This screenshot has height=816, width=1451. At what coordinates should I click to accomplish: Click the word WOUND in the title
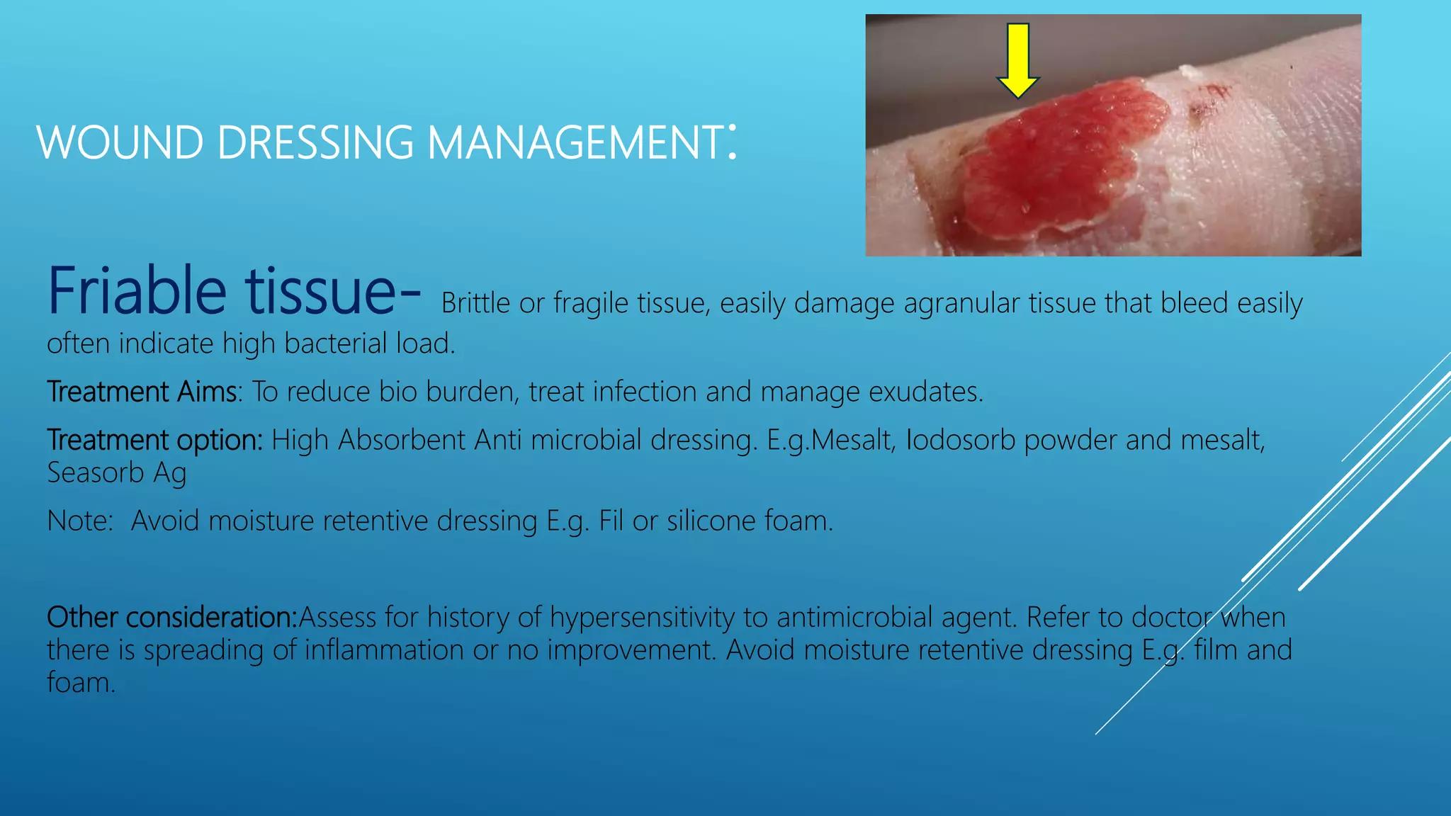coord(120,143)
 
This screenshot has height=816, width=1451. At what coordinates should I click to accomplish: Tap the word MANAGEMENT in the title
coord(575,143)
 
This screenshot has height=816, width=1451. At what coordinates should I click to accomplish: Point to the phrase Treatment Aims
coord(142,392)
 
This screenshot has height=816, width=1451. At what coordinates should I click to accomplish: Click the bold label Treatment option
coord(154,440)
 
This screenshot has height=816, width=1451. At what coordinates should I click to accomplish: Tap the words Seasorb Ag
coord(117,473)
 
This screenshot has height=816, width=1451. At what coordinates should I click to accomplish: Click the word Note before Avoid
coord(79,521)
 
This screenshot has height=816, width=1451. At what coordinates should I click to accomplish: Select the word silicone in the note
coord(711,521)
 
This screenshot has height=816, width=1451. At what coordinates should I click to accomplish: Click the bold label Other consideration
coord(171,618)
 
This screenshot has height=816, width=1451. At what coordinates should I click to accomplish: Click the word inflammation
coord(384,650)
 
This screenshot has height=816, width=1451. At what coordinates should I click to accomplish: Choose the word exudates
coord(925,392)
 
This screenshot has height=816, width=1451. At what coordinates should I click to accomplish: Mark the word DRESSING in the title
coord(315,143)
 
